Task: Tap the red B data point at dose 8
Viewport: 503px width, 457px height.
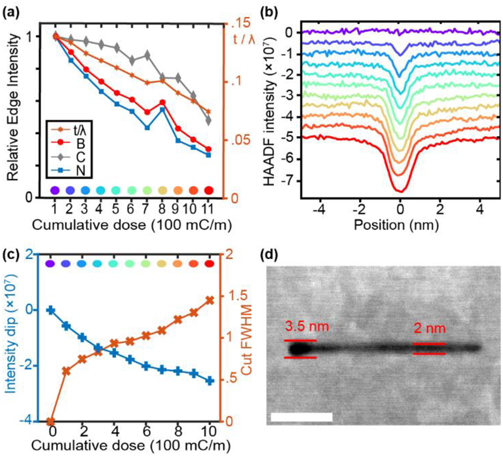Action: click(x=162, y=102)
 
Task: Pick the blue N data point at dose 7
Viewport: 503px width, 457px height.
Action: click(x=147, y=127)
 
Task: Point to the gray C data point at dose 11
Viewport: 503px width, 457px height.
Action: click(x=209, y=121)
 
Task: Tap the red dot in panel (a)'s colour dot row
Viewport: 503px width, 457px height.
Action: click(x=209, y=190)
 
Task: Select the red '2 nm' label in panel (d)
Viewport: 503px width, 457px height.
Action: click(x=429, y=329)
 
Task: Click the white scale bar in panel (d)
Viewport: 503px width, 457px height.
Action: click(x=301, y=417)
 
